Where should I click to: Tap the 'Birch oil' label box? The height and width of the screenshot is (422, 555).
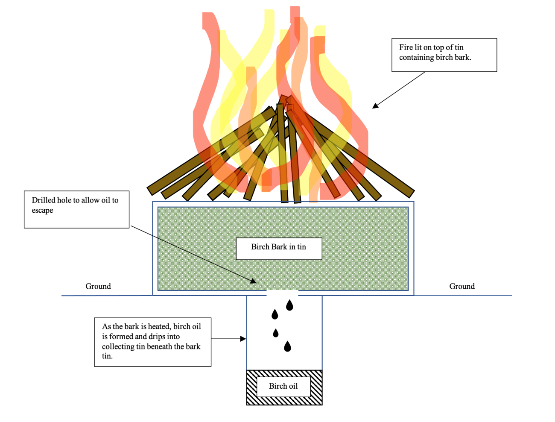tap(283, 387)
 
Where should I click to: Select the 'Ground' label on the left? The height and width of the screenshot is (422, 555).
tap(98, 287)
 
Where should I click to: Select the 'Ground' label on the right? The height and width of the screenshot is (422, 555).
tap(462, 287)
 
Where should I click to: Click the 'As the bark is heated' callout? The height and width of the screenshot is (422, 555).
tap(152, 342)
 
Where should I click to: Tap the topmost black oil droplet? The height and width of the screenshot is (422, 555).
tap(289, 305)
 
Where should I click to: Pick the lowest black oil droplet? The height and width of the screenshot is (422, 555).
tap(287, 346)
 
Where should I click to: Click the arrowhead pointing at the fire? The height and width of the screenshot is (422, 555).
tap(375, 105)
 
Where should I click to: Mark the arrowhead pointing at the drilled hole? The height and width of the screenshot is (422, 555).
tap(254, 281)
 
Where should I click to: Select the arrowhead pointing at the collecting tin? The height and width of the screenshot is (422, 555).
tap(243, 339)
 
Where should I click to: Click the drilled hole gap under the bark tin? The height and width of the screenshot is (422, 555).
tap(282, 293)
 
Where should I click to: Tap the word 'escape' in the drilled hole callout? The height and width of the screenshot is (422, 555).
tap(43, 211)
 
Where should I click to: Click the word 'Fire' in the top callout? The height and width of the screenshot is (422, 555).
tap(406, 47)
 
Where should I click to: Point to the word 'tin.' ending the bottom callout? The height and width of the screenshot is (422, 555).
tap(108, 356)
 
